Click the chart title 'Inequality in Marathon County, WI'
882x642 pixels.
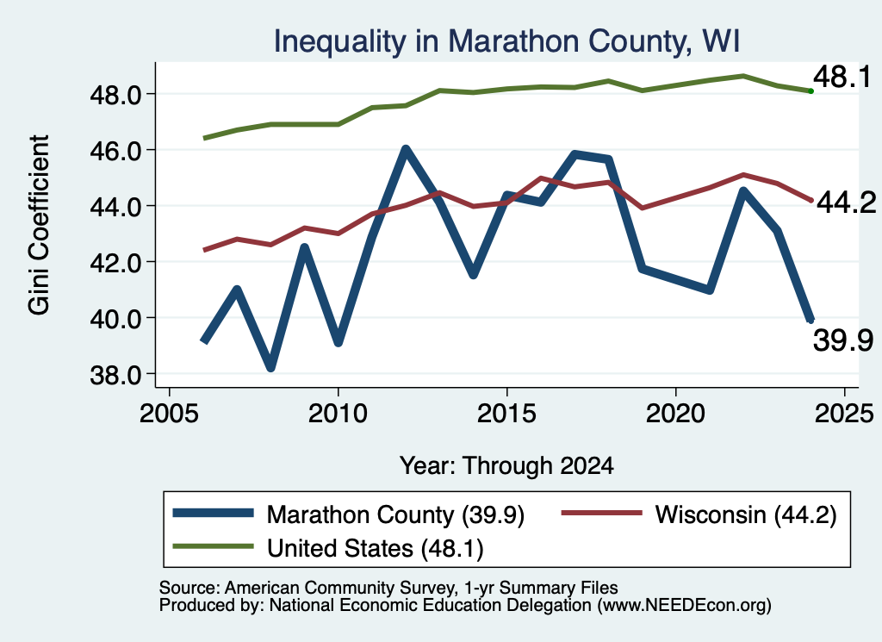(x=506, y=41)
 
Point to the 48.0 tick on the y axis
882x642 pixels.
(x=116, y=95)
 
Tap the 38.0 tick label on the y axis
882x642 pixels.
(x=116, y=376)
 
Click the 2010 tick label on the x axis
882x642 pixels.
(x=338, y=414)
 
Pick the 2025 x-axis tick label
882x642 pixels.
(x=844, y=414)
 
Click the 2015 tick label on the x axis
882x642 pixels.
(x=506, y=414)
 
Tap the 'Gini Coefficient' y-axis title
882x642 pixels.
(x=40, y=225)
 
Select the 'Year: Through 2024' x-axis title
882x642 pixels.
(x=506, y=466)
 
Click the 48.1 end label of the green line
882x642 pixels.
(x=842, y=77)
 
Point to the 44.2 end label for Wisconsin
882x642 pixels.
(x=846, y=203)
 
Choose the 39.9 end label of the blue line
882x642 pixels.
(x=842, y=340)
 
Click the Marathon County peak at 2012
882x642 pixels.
(x=406, y=150)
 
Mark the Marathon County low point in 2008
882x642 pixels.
(x=270, y=367)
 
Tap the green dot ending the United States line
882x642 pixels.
(x=811, y=91)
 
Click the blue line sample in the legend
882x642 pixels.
(x=214, y=513)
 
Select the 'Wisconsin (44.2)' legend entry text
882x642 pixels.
(x=746, y=514)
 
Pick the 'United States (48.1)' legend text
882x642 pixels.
(x=376, y=549)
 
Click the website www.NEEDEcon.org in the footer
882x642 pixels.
(x=684, y=606)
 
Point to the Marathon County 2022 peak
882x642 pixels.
(x=743, y=192)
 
